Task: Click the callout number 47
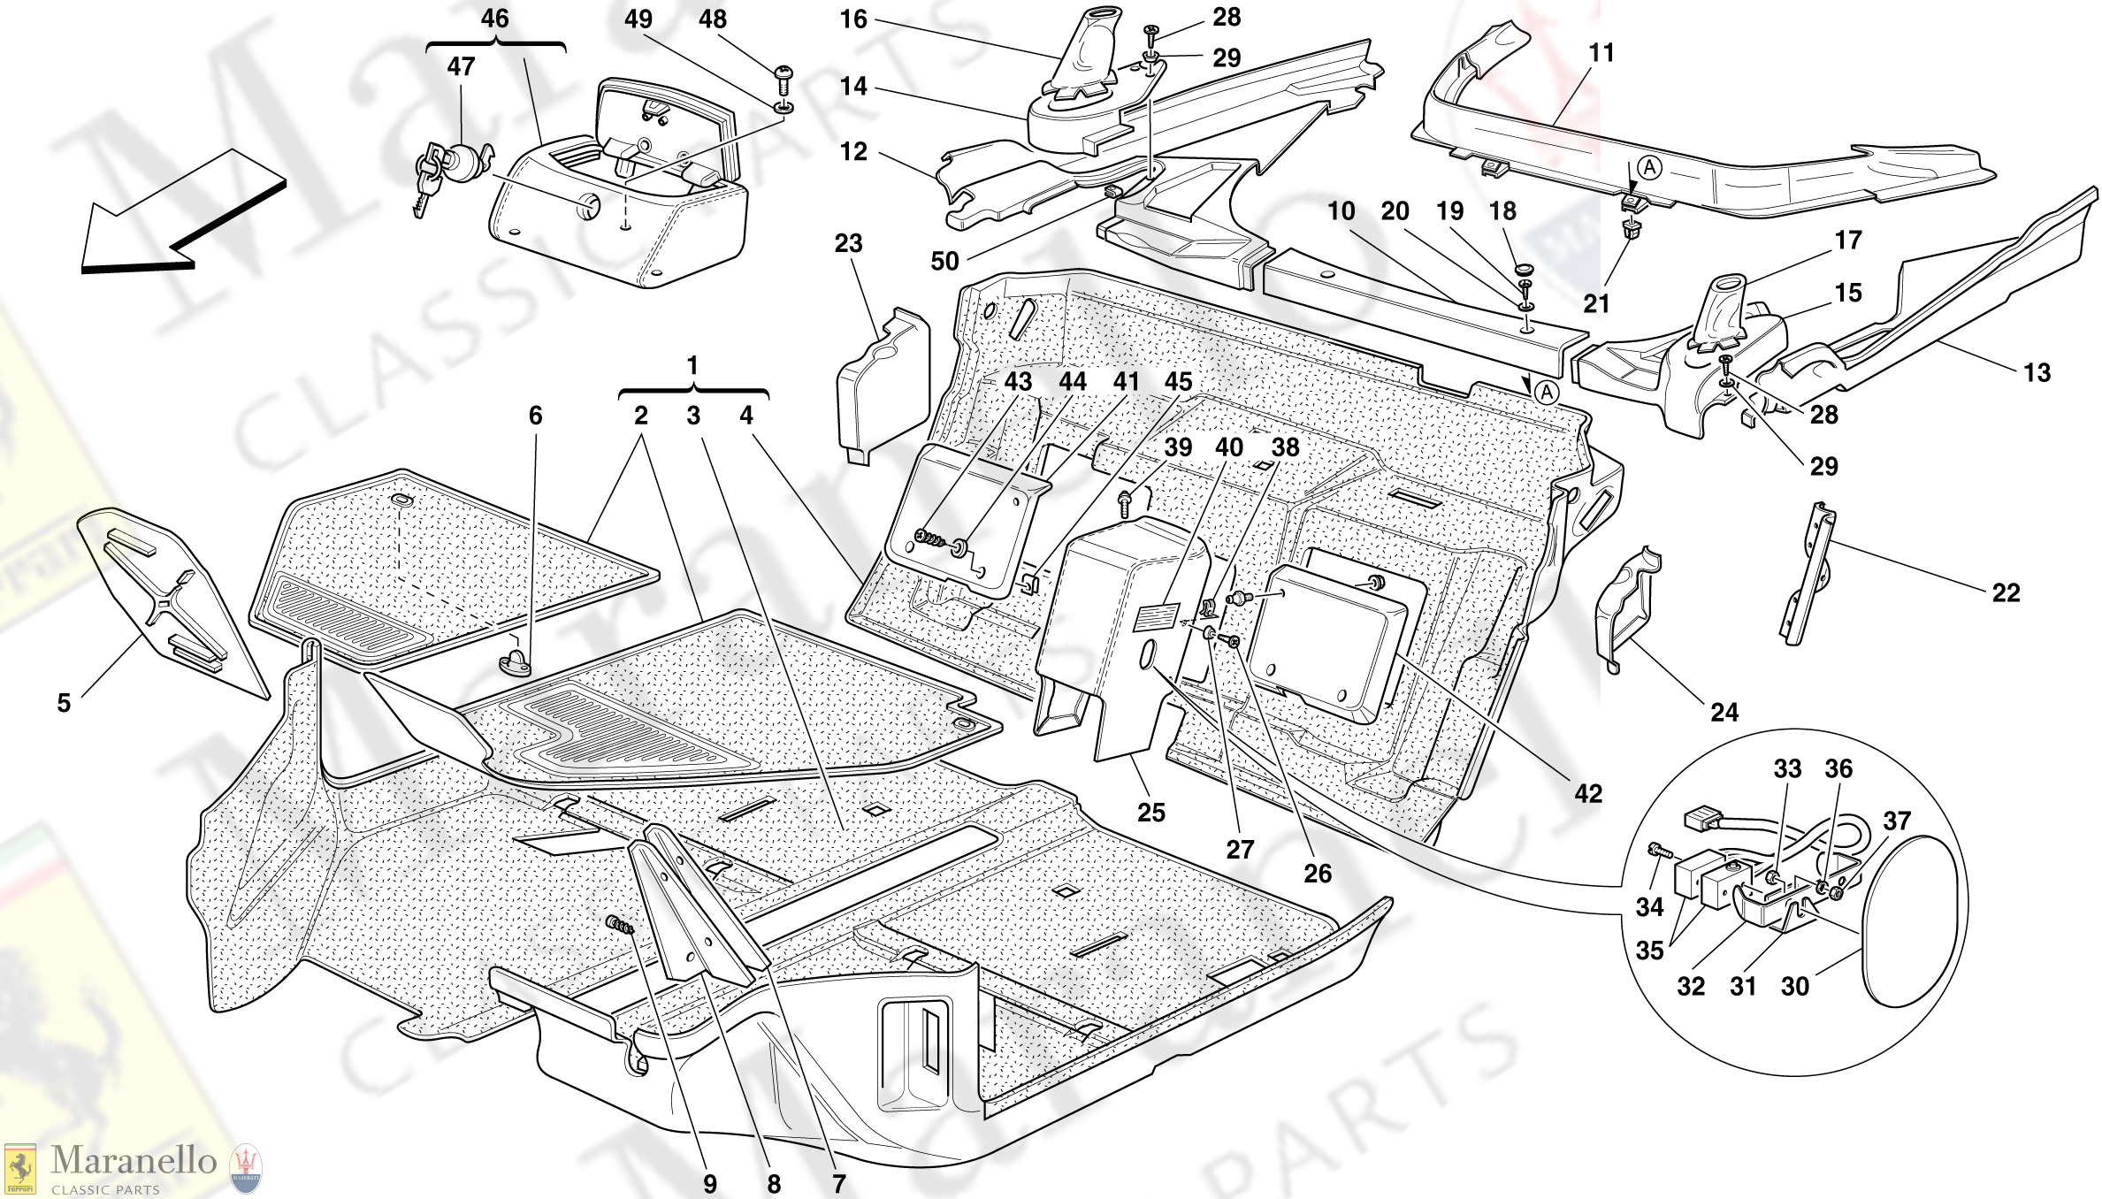coord(461,66)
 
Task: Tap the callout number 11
coord(1601,53)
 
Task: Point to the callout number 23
coord(848,243)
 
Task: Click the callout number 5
coord(64,703)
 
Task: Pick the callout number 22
coord(2006,592)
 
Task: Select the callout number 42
coord(1588,793)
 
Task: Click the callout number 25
coord(1150,812)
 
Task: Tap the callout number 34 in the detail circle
coord(1649,906)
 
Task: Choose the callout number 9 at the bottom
coord(710,1184)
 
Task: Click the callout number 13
coord(2037,372)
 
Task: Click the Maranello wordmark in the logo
coord(133,1160)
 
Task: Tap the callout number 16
coord(853,19)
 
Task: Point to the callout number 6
coord(535,416)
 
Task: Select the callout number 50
coord(944,261)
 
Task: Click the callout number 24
coord(1724,712)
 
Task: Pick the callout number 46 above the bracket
coord(495,19)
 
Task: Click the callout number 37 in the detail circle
coord(1897,821)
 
